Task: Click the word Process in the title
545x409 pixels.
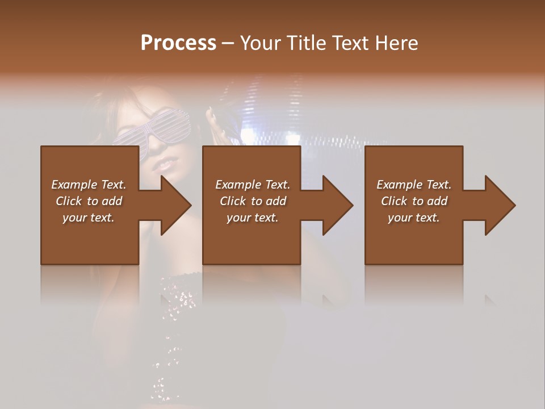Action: [178, 43]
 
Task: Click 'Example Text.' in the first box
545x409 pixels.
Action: [89, 185]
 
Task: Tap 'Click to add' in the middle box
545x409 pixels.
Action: [253, 201]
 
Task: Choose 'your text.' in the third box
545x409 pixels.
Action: [414, 218]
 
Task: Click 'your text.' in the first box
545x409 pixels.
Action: [89, 218]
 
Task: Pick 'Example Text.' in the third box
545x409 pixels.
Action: [414, 185]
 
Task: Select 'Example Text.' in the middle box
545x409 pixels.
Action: [253, 185]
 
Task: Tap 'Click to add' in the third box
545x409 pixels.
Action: [414, 201]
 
